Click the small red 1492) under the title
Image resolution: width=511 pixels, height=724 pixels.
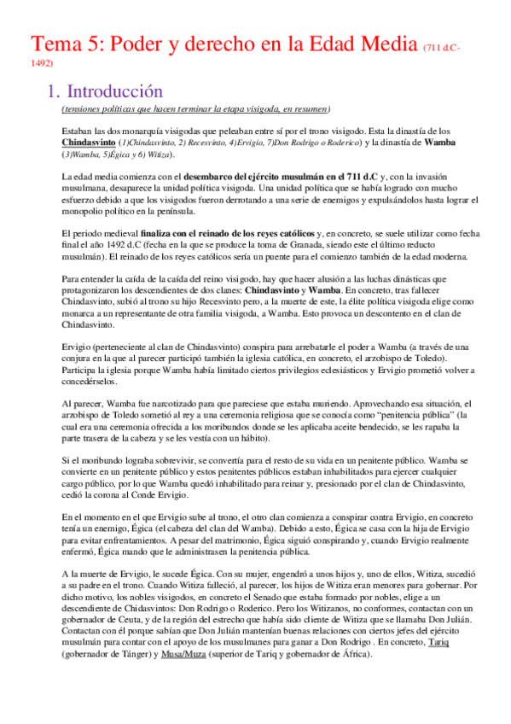pos(41,62)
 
